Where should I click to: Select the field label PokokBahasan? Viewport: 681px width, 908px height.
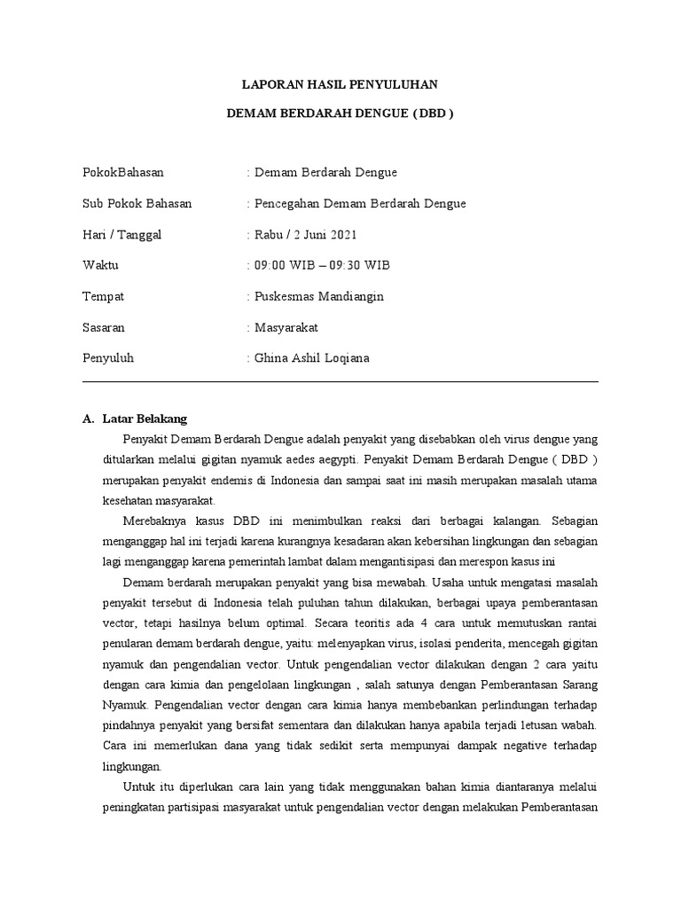pos(122,172)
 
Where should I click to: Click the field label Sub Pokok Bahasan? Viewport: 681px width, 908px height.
pos(137,203)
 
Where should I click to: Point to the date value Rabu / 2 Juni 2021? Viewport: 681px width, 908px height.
pos(307,234)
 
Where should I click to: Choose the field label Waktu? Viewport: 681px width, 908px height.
pos(100,265)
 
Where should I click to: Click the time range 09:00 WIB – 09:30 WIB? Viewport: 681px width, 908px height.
pos(322,265)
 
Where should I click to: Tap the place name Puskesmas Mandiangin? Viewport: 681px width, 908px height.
pos(318,296)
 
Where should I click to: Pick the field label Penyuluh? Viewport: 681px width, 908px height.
pos(107,358)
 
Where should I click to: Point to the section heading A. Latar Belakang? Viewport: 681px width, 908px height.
pos(134,419)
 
